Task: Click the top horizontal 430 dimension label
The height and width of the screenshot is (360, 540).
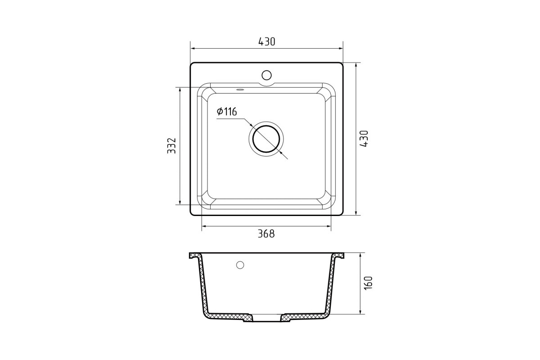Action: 266,42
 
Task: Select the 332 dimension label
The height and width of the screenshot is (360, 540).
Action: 171,146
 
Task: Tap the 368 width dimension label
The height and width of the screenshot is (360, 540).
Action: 266,234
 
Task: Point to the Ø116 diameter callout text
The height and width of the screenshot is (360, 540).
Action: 227,112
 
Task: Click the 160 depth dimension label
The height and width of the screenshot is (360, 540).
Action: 369,283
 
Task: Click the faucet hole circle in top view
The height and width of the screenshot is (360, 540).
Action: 266,75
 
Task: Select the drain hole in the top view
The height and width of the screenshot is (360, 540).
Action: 266,139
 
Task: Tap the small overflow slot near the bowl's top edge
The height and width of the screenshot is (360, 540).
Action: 240,90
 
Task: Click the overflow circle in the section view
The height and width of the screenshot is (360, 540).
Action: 240,265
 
